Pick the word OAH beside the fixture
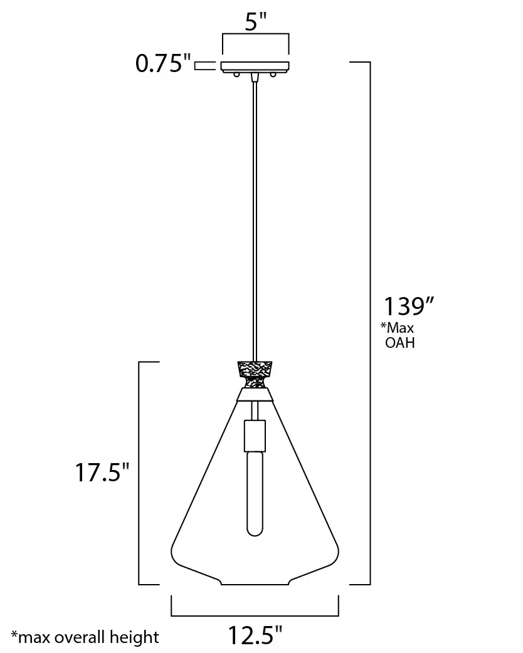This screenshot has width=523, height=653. (x=399, y=343)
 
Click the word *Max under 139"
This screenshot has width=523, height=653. (x=397, y=328)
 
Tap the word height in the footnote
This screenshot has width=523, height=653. (x=134, y=637)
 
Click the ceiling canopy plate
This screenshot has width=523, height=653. (x=255, y=66)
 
